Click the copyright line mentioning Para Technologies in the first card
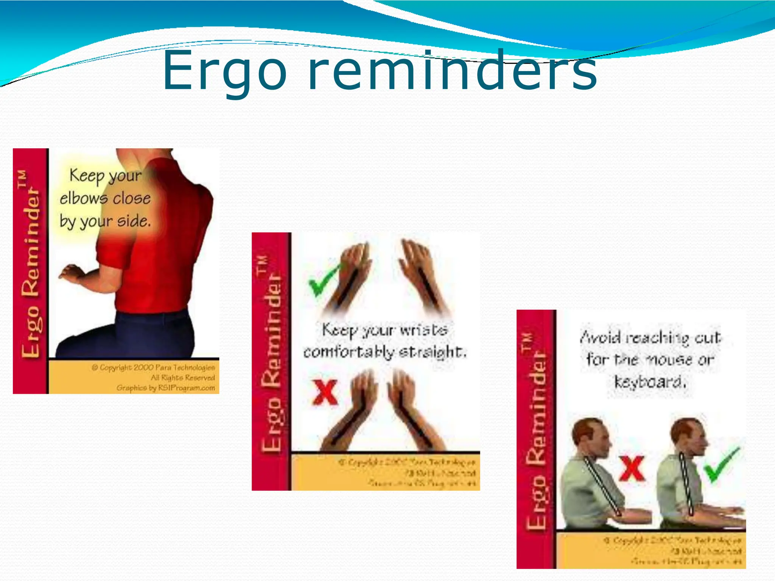[153, 367]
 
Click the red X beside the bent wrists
[325, 392]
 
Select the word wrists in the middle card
[424, 330]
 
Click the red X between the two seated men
[631, 468]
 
